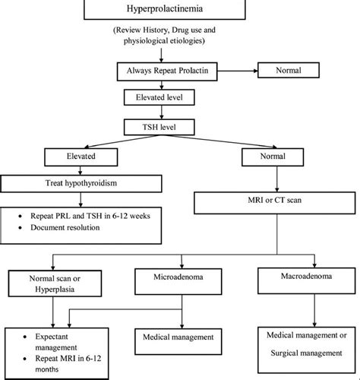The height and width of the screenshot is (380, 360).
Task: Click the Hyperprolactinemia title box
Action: click(165, 9)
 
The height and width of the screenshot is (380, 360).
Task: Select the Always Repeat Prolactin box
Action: click(167, 71)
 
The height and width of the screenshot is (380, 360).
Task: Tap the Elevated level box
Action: click(159, 97)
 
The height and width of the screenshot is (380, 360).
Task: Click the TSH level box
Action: click(159, 127)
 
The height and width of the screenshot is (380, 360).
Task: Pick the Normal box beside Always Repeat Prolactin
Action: click(289, 70)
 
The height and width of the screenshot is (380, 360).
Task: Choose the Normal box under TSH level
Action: click(273, 157)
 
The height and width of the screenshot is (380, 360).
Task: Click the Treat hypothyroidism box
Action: click(81, 184)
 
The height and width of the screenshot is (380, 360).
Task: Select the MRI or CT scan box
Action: click(275, 203)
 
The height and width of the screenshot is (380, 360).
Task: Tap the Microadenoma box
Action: click(178, 281)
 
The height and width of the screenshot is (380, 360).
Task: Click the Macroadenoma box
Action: click(307, 280)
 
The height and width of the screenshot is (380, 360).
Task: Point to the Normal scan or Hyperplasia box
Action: click(55, 283)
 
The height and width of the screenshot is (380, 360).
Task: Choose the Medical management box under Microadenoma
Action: click(178, 341)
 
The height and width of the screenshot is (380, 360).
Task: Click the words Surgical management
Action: click(306, 353)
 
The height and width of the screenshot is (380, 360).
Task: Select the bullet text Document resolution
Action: click(65, 227)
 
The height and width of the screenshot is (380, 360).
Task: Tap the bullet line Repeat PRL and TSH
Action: click(90, 216)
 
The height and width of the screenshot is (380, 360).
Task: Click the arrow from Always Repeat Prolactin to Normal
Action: click(238, 71)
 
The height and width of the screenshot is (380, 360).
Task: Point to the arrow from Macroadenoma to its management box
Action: click(314, 310)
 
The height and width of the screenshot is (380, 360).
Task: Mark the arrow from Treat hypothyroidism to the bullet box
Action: click(81, 200)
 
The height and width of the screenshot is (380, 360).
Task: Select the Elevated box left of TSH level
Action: click(81, 157)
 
